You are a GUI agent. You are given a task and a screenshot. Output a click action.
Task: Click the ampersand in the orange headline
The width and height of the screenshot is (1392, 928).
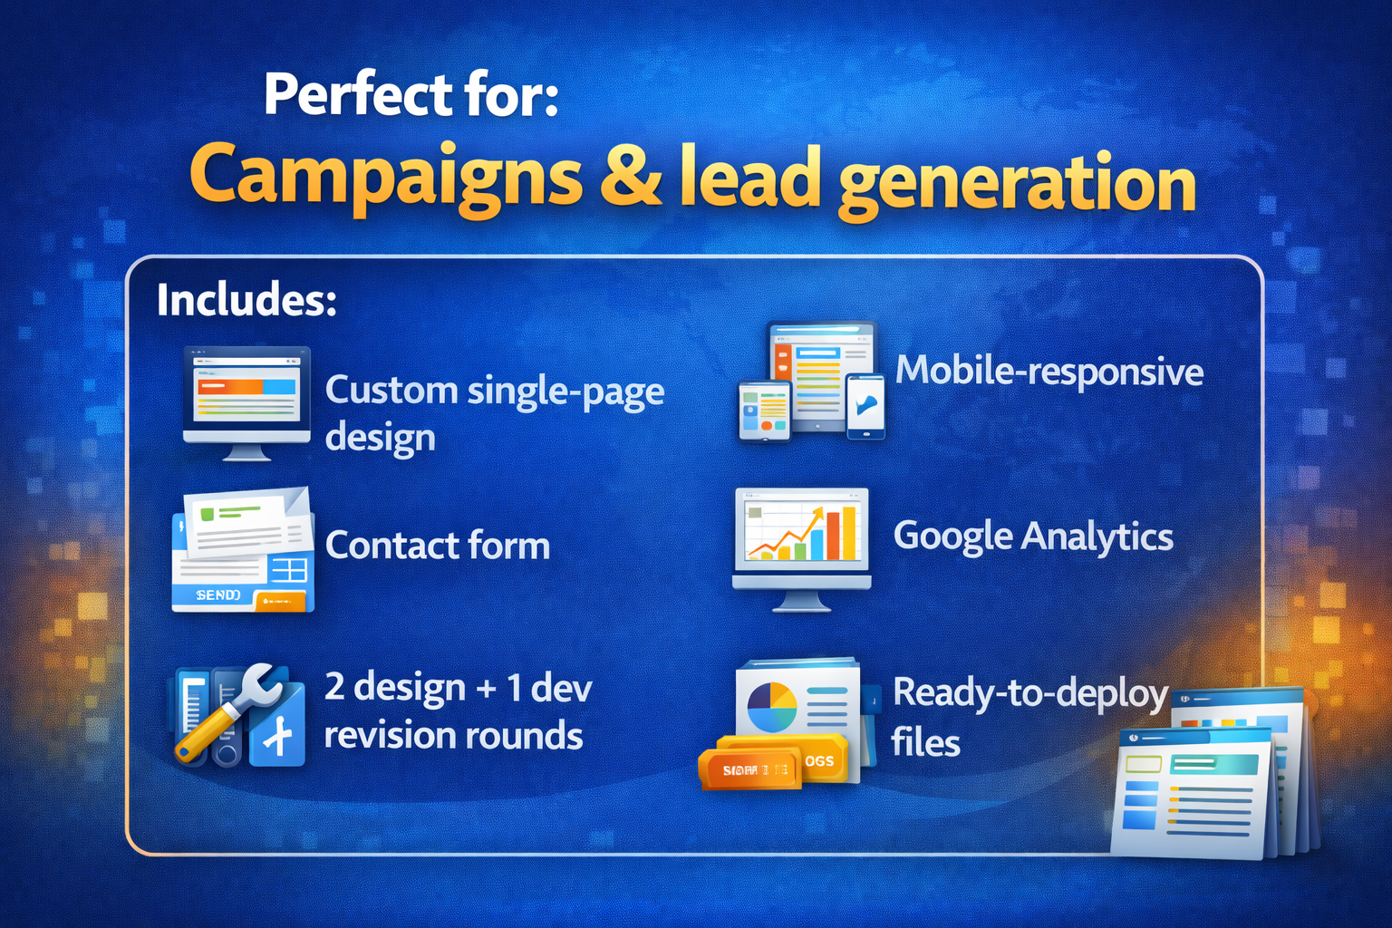631,177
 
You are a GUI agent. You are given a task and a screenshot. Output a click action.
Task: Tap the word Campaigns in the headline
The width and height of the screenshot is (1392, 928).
385,177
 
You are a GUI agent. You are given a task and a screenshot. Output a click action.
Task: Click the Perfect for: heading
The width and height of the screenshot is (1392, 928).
411,95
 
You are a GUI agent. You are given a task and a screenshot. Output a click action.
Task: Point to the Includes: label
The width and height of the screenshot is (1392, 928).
246,300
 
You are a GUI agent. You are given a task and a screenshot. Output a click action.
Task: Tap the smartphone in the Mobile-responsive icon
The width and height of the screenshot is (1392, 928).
865,407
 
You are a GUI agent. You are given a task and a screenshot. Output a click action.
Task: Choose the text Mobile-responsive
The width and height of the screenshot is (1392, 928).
1049,372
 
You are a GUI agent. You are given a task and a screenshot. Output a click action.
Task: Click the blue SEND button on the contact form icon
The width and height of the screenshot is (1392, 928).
217,594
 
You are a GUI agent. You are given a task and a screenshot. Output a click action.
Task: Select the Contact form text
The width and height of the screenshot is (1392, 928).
437,546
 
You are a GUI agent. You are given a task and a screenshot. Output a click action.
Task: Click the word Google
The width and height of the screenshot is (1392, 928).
952,536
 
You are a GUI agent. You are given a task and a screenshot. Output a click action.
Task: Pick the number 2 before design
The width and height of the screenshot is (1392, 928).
334,687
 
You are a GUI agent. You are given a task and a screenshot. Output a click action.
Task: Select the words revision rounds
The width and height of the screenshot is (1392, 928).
453,736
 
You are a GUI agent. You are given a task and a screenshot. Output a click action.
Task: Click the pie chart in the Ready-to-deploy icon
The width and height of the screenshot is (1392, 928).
771,707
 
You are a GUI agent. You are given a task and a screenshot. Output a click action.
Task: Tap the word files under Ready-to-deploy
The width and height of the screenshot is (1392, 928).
925,743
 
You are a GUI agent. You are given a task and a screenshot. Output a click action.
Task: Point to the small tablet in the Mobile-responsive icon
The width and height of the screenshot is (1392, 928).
764,411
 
